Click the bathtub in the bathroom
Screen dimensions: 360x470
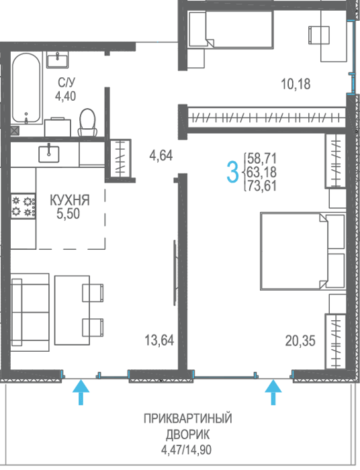point(26,88)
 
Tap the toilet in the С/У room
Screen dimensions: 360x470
point(87,123)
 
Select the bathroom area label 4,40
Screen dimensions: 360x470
point(65,96)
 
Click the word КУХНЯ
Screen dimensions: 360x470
point(70,200)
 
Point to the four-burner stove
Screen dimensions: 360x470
point(24,206)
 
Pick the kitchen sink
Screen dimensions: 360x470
point(49,154)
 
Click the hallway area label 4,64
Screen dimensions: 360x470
point(161,156)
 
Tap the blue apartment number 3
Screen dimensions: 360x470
point(232,172)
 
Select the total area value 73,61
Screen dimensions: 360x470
point(262,186)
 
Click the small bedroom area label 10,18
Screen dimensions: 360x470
point(296,84)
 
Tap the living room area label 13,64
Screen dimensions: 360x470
point(159,340)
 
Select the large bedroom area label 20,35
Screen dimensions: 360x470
point(300,341)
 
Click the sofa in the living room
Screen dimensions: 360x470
point(30,312)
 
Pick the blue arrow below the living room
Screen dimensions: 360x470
point(81,392)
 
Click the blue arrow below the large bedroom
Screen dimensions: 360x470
point(273,392)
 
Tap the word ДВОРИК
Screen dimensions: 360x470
point(188,434)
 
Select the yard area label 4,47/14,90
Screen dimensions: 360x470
point(187,450)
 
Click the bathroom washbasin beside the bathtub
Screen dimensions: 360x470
point(57,59)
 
